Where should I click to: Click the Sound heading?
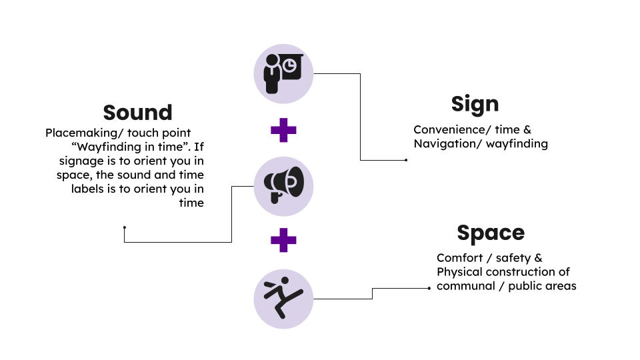click(x=137, y=112)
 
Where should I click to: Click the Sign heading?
click(x=475, y=104)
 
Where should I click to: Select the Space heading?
click(x=491, y=233)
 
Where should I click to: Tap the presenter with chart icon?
click(x=283, y=73)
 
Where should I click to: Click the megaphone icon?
click(x=283, y=186)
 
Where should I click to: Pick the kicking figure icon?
click(x=283, y=298)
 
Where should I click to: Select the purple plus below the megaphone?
click(x=283, y=239)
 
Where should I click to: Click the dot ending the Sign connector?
click(x=406, y=160)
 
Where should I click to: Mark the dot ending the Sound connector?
click(x=125, y=227)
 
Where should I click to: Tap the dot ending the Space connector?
click(x=429, y=289)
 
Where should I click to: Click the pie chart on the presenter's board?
click(x=291, y=65)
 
